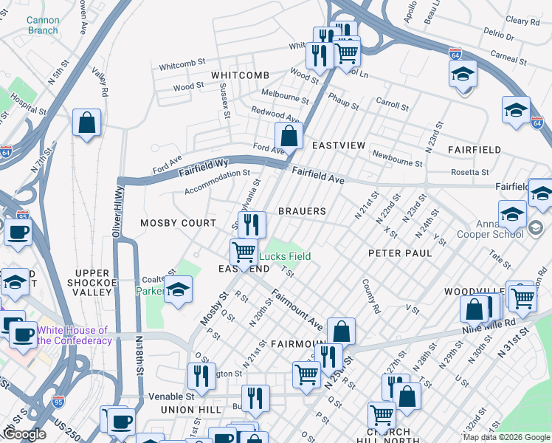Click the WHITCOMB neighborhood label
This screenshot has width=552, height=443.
point(238,75)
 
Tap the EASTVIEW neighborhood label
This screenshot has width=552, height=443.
point(338,145)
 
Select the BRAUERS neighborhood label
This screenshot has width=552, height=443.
point(302,211)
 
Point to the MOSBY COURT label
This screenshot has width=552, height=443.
point(179,223)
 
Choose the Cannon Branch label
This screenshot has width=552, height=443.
point(42,25)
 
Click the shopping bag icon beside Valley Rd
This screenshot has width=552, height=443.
point(86,123)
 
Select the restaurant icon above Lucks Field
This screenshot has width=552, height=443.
point(252,223)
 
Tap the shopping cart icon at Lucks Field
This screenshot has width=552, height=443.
point(244,252)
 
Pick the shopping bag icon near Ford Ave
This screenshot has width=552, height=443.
point(289,135)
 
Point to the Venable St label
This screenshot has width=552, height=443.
point(171,396)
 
